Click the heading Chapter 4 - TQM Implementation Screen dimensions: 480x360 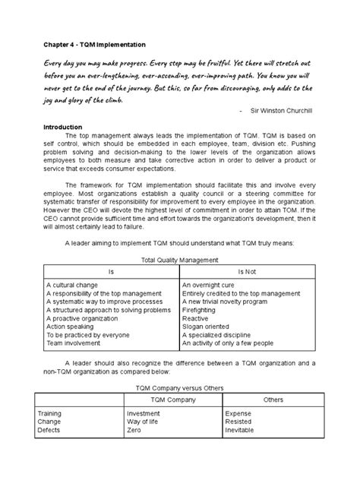click(93, 46)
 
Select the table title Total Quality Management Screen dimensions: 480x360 click(179, 259)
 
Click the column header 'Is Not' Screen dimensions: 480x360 click(248, 270)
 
